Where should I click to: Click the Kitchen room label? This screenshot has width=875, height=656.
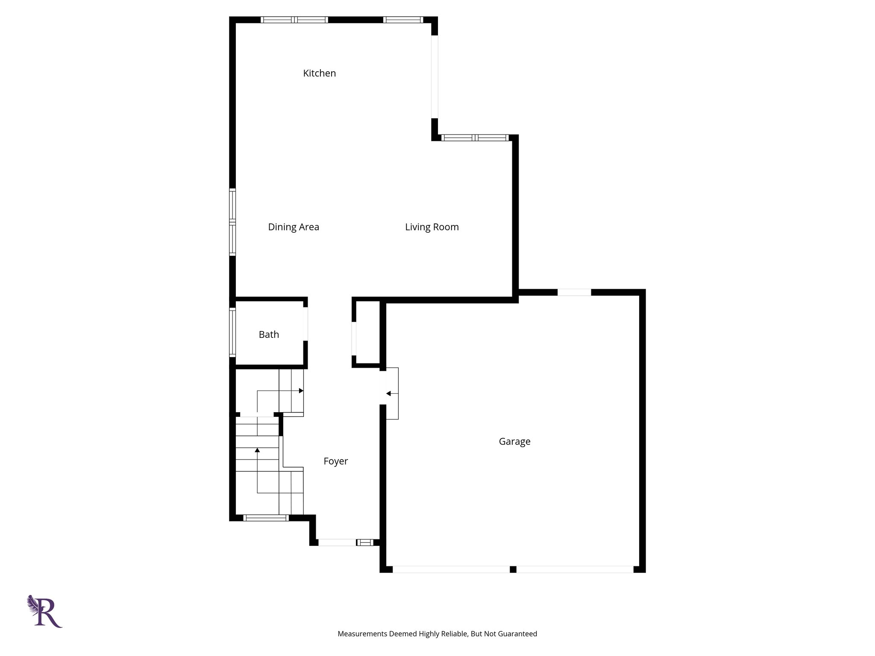(x=319, y=73)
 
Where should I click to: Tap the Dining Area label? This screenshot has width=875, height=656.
(x=294, y=227)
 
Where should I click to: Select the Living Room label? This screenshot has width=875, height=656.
(x=432, y=227)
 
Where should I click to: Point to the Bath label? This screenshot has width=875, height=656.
(x=269, y=335)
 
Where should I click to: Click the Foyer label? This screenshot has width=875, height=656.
(x=335, y=461)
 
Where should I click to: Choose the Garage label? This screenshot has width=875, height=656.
(x=514, y=442)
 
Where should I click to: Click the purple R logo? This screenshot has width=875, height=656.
(x=45, y=611)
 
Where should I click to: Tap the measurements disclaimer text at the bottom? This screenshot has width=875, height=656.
(x=437, y=634)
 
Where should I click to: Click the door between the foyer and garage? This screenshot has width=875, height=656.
(x=391, y=393)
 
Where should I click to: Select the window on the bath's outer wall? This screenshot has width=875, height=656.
(x=232, y=332)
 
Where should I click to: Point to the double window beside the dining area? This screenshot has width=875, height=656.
(x=232, y=222)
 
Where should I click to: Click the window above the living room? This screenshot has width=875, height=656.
(x=475, y=138)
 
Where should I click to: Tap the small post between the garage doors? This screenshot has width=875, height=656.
(x=513, y=569)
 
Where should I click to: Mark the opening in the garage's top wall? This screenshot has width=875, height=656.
(x=574, y=293)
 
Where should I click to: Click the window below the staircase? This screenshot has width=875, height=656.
(x=266, y=518)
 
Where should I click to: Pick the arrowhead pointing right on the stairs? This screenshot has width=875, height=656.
(x=301, y=391)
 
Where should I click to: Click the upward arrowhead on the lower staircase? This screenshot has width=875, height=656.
(x=257, y=450)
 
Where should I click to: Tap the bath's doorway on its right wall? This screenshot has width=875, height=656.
(x=305, y=324)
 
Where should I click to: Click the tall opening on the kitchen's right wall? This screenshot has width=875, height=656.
(x=435, y=77)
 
